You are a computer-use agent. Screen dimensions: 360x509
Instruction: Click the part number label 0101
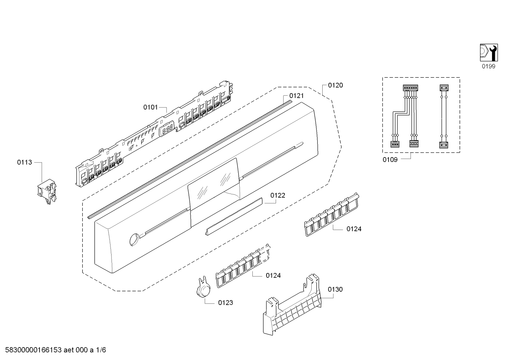150,107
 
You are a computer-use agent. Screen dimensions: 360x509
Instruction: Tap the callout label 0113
24,163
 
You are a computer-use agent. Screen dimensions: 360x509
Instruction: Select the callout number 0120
335,85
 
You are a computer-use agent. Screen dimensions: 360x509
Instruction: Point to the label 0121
296,96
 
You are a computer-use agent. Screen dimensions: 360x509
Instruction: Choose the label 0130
335,289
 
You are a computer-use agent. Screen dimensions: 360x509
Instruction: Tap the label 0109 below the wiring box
390,160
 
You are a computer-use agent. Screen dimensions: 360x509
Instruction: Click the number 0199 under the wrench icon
489,66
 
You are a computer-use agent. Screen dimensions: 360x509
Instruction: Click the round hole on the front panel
133,240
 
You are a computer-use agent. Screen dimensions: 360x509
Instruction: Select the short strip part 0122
234,216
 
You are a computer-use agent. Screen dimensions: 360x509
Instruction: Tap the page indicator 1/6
101,350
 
